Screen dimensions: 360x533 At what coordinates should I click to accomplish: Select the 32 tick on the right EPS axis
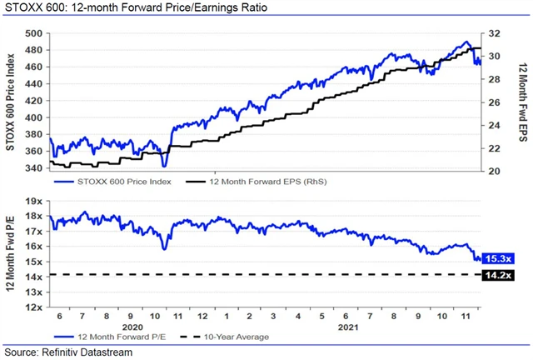(493, 33)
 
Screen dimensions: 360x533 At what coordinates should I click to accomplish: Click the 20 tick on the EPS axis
(493, 171)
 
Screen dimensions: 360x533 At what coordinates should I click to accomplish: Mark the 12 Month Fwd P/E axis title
(11, 253)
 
